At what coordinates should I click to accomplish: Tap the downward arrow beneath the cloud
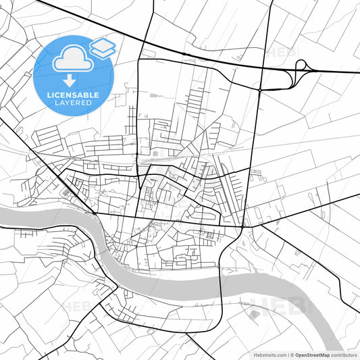70,80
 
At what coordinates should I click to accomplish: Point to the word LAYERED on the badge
74,103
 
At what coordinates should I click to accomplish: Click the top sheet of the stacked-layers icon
103,44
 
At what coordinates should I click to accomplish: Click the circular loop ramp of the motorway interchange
301,66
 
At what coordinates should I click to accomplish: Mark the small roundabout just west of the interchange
259,90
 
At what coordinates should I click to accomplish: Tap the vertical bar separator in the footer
288,354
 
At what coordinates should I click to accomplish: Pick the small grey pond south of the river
254,314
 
